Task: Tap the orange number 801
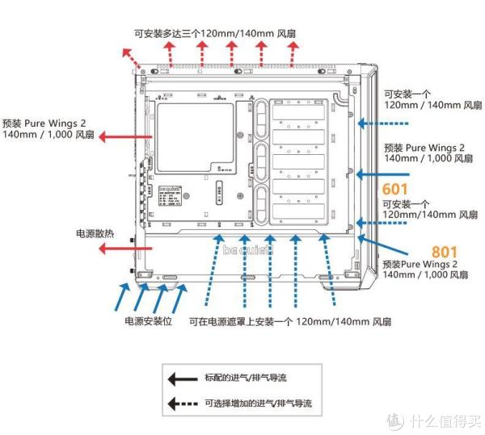tap(445, 251)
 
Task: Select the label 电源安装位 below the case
tap(149, 321)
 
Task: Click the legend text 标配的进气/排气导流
tap(246, 377)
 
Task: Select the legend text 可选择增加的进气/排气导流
tap(257, 403)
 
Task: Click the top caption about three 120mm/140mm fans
tap(215, 33)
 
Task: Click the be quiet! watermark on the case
tap(248, 249)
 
